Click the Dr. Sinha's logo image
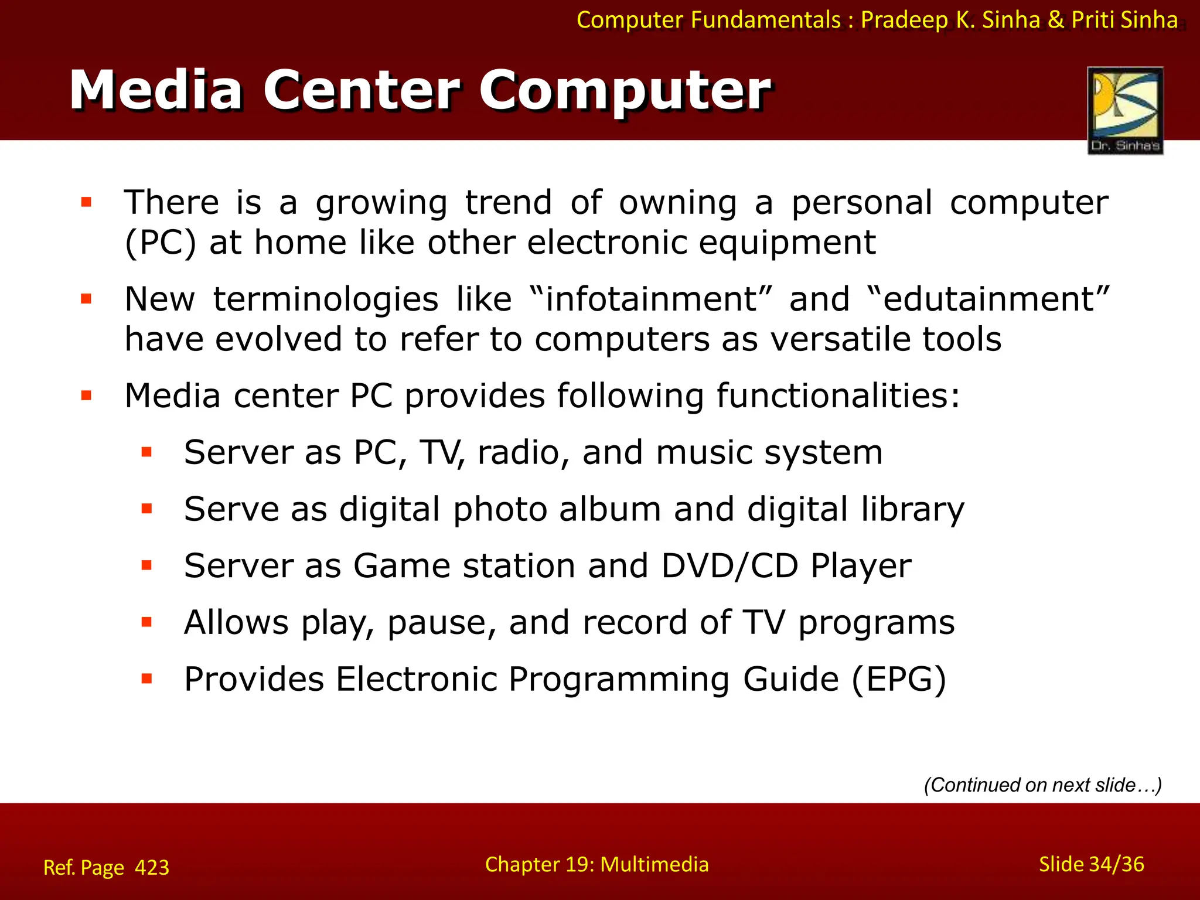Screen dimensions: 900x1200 tap(1125, 110)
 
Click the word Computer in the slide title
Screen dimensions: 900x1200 tap(625, 90)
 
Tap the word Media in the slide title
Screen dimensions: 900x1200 tap(156, 90)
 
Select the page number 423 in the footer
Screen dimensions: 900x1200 tap(152, 867)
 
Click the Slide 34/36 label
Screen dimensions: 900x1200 tap(1091, 864)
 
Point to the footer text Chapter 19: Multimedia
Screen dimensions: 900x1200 tap(596, 864)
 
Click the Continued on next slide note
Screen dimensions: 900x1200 tap(1042, 785)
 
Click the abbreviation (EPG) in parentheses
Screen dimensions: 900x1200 tap(898, 680)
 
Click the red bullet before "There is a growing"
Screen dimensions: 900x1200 tap(87, 203)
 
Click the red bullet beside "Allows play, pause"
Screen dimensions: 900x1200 tap(146, 622)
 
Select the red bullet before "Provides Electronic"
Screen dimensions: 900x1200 tap(146, 679)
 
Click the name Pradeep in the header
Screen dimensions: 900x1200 tap(904, 20)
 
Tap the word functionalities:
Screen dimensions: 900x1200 tap(838, 396)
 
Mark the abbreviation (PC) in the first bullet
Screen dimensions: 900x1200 tap(160, 243)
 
